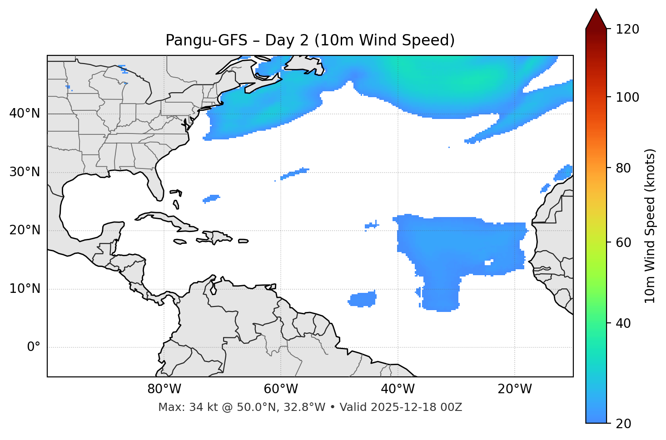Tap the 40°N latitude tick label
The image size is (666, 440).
pos(25,114)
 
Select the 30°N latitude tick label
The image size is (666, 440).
pos(25,172)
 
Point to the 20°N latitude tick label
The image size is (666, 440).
pos(25,230)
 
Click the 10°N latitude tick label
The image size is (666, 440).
pos(25,289)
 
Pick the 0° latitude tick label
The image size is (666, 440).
pos(34,347)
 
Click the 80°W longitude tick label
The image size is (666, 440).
pos(164,389)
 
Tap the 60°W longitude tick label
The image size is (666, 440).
pos(281,389)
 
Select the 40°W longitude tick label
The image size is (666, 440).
pos(398,389)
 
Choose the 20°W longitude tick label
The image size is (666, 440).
pos(515,389)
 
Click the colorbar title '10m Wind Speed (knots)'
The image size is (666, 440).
pos(650,226)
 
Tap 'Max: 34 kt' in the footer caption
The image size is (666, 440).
pos(179,407)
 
